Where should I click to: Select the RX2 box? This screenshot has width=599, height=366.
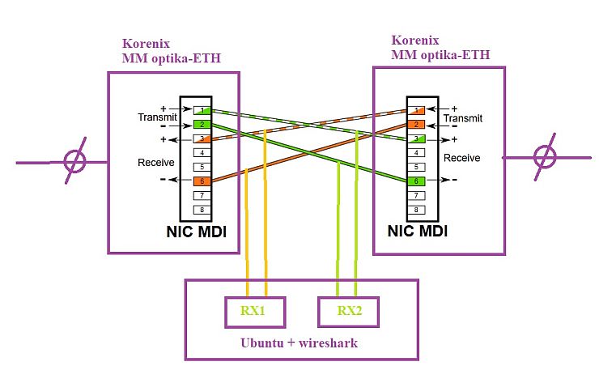point(347,309)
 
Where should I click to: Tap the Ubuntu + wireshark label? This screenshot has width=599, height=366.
point(299,343)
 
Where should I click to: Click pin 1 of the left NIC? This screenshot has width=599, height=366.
point(202,109)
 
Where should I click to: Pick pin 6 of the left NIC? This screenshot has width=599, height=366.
point(202,181)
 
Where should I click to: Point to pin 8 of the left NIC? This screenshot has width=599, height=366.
point(202,209)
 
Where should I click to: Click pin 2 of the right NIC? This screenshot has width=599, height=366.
point(415,124)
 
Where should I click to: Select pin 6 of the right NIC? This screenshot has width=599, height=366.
point(415,181)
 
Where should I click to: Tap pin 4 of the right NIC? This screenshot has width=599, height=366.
point(415,152)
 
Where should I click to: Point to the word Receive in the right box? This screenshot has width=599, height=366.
point(461,158)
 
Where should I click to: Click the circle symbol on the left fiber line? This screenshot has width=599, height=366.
point(74,160)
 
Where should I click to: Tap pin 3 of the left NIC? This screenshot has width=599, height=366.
point(202,138)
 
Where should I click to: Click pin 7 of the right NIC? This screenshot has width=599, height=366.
point(415,195)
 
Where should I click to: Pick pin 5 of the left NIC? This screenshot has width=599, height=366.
point(202,167)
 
